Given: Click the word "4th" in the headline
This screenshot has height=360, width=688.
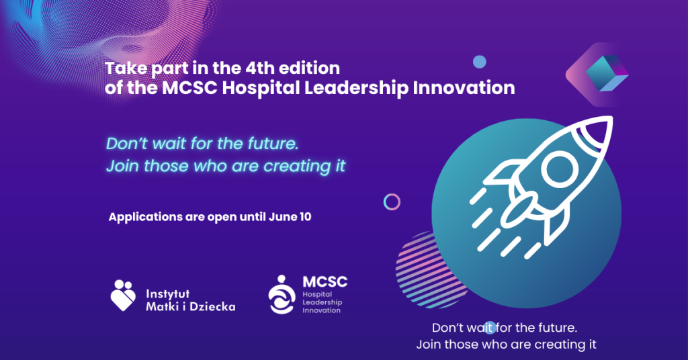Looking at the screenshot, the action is pos(260,68).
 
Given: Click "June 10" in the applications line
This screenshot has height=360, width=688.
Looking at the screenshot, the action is pos(290,217).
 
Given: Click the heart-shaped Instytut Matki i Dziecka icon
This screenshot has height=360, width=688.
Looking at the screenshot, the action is pos(123,295).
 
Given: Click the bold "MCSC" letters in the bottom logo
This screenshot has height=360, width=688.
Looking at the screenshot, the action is pos(325,281).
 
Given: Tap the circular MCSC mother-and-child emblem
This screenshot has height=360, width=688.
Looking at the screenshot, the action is pos(282,294).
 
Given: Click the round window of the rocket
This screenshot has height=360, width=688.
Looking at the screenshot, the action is pos(560,169).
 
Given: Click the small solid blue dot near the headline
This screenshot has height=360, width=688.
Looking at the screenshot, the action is pos(480,62).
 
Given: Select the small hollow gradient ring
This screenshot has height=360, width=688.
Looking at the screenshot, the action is pos(392,202).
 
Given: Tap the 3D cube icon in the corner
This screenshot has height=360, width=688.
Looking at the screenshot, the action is pos(607,73).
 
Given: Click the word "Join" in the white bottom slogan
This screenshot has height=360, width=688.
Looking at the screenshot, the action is pos(428,344).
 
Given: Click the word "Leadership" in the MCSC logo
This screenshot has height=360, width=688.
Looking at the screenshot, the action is pos(322,302).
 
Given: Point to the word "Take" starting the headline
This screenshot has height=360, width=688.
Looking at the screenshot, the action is pos(126,69).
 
